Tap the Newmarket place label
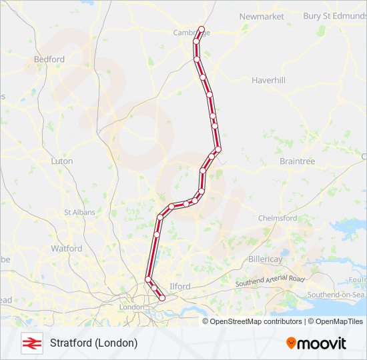(261, 16)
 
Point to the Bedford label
(49, 59)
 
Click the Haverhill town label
(268, 80)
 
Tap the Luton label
(62, 161)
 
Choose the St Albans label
(79, 212)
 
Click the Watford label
(67, 249)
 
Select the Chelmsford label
(278, 218)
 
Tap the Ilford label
(180, 286)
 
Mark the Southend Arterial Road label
(270, 281)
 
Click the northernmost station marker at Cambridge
(201, 29)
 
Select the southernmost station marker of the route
(161, 298)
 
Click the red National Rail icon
(31, 343)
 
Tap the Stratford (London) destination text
(93, 343)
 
